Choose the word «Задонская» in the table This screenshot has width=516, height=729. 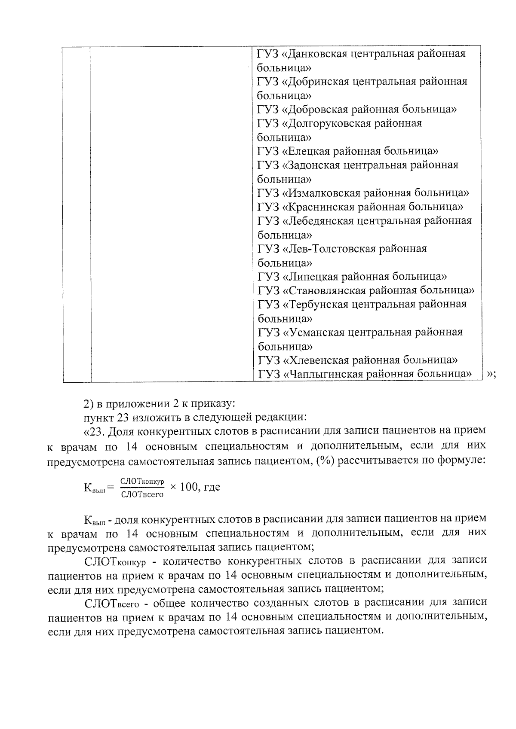point(312,165)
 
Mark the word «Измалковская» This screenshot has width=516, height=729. point(321,193)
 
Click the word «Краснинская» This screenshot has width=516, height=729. point(318,207)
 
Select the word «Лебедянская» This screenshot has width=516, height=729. point(318,221)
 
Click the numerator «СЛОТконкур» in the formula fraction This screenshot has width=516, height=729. point(142,482)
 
